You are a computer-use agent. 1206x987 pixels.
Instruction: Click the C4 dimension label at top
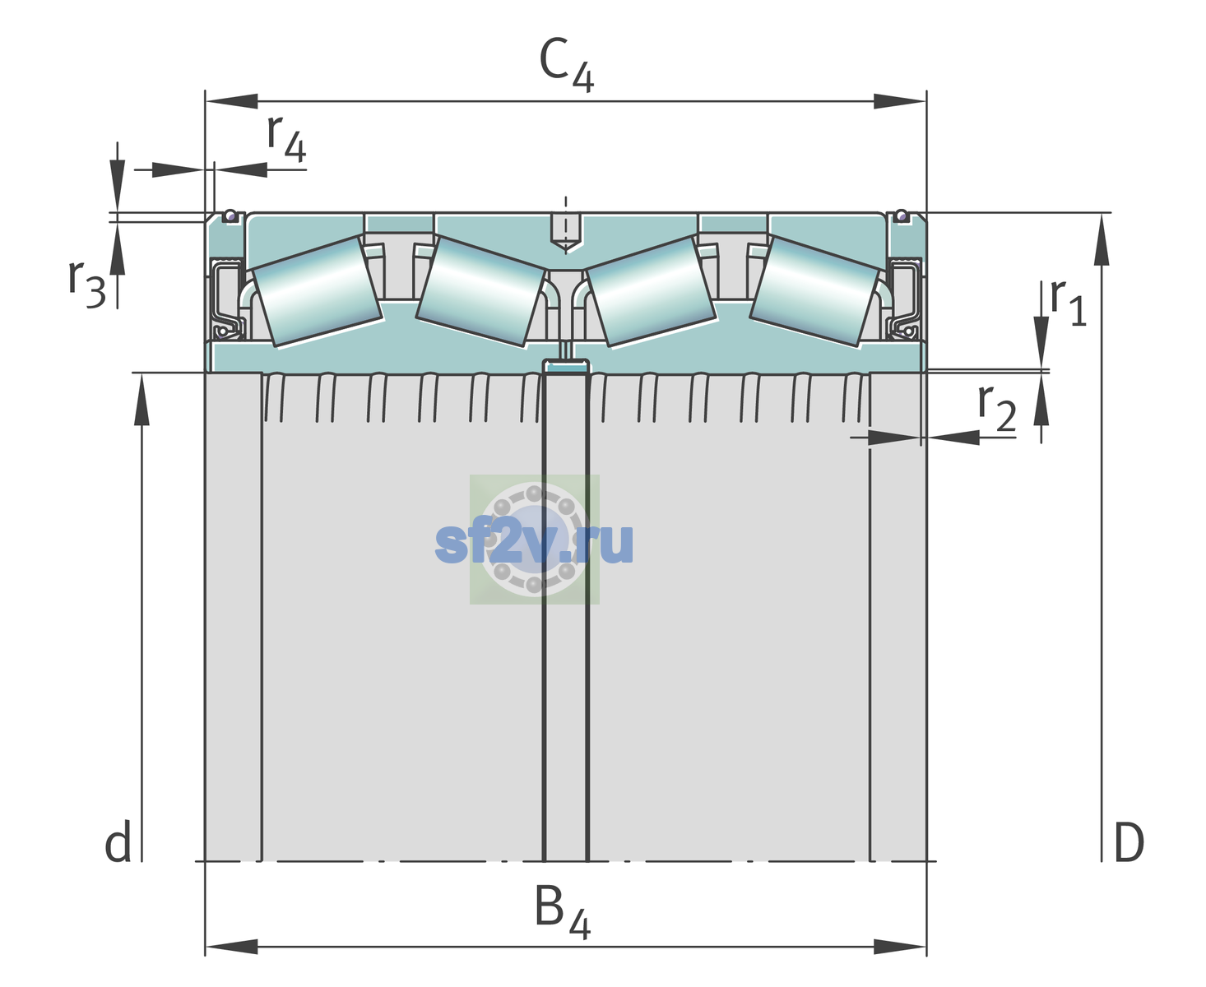click(x=566, y=64)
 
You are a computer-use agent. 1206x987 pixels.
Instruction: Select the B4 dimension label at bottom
click(x=562, y=911)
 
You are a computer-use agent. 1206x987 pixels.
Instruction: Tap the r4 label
click(x=286, y=138)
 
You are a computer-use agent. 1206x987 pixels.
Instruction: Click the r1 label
click(x=1068, y=302)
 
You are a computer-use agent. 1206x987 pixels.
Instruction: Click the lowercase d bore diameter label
click(x=118, y=841)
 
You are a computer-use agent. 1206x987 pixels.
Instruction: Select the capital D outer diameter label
click(x=1129, y=841)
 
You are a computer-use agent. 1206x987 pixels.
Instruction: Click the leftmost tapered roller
click(x=317, y=292)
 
